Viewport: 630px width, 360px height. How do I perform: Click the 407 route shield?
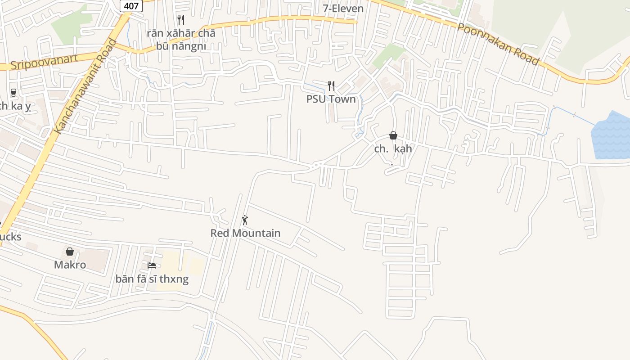(x=131, y=5)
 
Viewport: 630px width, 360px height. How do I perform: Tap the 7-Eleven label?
(x=343, y=8)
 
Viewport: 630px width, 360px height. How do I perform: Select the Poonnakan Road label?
(x=498, y=44)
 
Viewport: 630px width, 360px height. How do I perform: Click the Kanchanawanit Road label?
(x=85, y=87)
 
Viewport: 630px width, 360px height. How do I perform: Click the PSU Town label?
(x=331, y=99)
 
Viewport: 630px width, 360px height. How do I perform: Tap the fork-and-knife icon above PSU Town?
(x=331, y=85)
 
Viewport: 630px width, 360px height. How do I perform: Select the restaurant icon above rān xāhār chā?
(x=181, y=19)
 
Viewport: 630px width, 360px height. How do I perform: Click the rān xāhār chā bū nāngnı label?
(x=181, y=40)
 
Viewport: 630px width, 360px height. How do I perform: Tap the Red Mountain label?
(x=245, y=233)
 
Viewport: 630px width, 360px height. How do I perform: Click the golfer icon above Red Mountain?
(x=245, y=220)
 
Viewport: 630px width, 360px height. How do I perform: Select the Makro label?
(x=70, y=265)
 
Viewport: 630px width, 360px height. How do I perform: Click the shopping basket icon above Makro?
(x=70, y=252)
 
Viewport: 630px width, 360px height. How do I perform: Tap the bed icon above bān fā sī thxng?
(x=152, y=265)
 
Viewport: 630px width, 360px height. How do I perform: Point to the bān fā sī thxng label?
(x=152, y=279)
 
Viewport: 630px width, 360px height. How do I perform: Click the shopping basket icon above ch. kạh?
(x=393, y=135)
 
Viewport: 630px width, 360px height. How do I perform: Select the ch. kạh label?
(x=393, y=149)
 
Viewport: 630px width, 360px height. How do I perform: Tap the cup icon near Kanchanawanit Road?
(x=13, y=93)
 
